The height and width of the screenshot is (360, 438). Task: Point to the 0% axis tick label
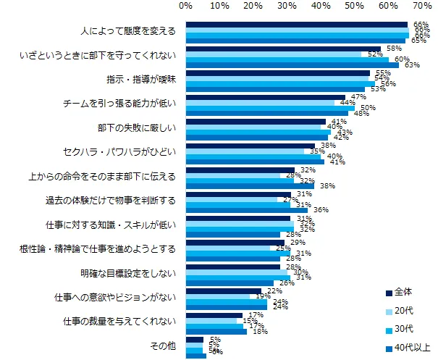(185, 7)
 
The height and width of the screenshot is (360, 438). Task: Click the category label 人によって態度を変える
(127, 33)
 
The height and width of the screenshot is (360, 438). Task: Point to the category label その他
(164, 347)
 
